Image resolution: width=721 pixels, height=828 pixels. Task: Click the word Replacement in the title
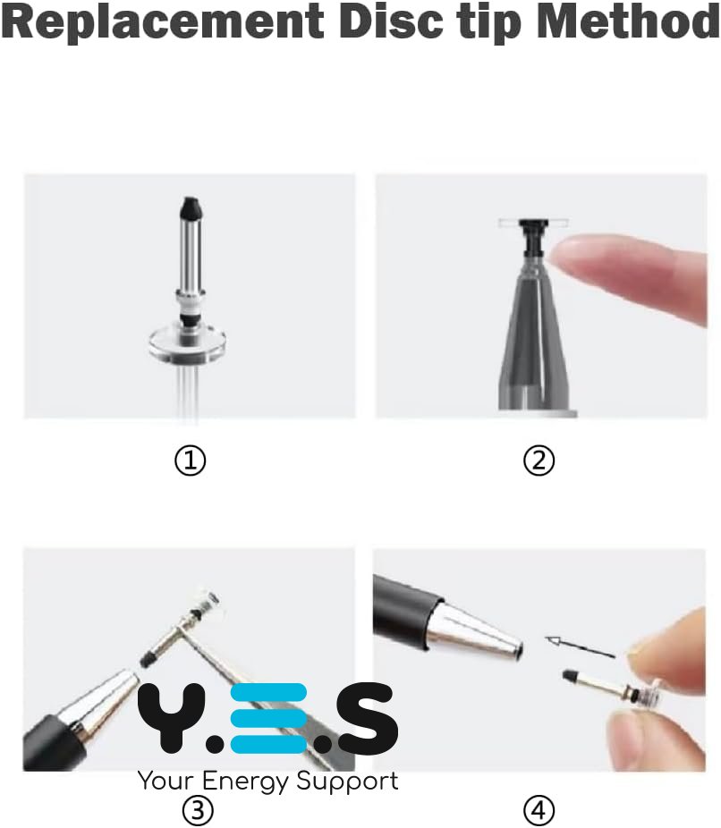[163, 22]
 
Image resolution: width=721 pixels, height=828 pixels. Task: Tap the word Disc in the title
[392, 22]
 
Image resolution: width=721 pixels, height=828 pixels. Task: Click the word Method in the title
[628, 22]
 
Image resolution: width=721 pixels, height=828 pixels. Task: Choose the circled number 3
[198, 810]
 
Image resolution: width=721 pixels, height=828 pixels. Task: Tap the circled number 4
[539, 810]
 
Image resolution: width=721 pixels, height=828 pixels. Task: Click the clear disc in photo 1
[188, 345]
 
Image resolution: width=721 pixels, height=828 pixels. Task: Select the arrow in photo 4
[580, 647]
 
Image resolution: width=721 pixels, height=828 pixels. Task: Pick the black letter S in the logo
[368, 718]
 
